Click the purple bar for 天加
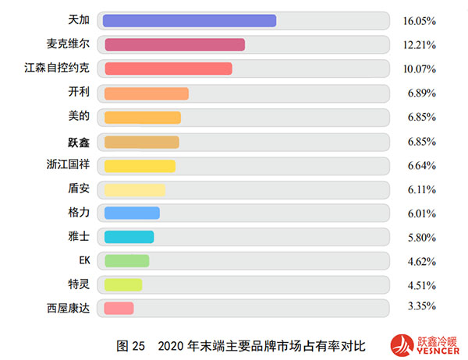pyautogui.click(x=190, y=21)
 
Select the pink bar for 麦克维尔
pyautogui.click(x=174, y=45)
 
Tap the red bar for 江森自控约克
pyautogui.click(x=168, y=69)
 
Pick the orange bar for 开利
pyautogui.click(x=146, y=94)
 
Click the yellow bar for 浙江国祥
pyautogui.click(x=140, y=165)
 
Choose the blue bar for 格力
pyautogui.click(x=132, y=213)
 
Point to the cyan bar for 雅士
pyautogui.click(x=129, y=237)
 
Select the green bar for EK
pyautogui.click(x=126, y=261)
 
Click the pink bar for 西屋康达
pyautogui.click(x=119, y=309)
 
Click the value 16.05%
pyautogui.click(x=419, y=21)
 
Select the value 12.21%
pyautogui.click(x=419, y=45)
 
